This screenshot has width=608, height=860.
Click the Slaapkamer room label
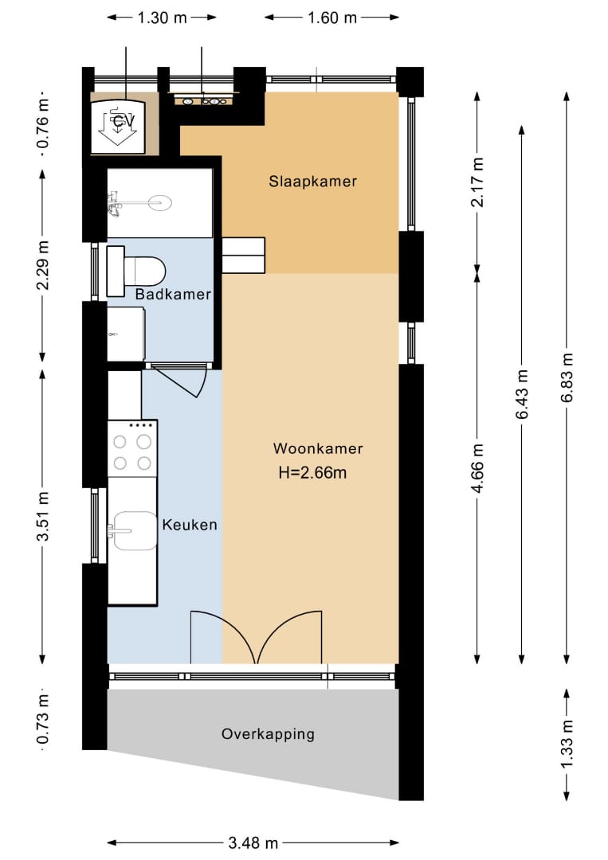313,182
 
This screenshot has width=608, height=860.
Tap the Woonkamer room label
318,448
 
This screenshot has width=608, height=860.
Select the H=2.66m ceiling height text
313,472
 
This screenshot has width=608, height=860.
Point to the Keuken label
190,525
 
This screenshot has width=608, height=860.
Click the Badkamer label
174,294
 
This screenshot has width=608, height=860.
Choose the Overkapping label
269,734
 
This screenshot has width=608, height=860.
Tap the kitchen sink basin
135,531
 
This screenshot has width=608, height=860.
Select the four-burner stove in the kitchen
132,448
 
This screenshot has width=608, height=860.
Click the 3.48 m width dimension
253,843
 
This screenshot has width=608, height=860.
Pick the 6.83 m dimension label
567,377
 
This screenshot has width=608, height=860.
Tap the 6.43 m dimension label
522,394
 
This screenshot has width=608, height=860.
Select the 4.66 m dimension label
478,468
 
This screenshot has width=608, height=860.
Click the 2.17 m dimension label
478,182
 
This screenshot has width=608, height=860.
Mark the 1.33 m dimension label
567,745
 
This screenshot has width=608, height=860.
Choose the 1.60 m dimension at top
332,18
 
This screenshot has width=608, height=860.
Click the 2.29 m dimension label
43,265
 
